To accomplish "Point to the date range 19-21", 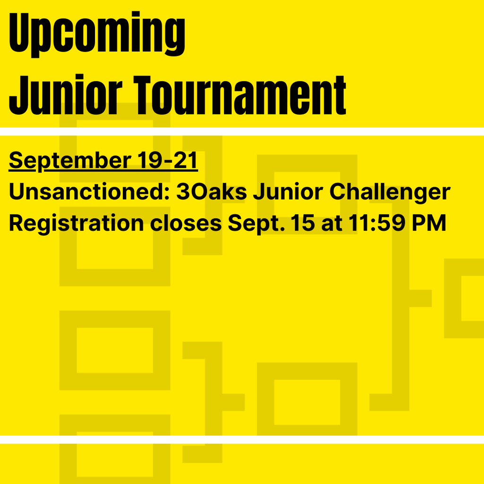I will pyautogui.click(x=168, y=161).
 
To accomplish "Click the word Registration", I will pyautogui.click(x=76, y=224).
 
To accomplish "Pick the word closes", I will pyautogui.click(x=186, y=224).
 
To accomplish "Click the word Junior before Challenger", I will pyautogui.click(x=288, y=192).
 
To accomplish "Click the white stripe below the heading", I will pyautogui.click(x=242, y=131).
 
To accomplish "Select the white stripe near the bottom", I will pyautogui.click(x=242, y=440).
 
